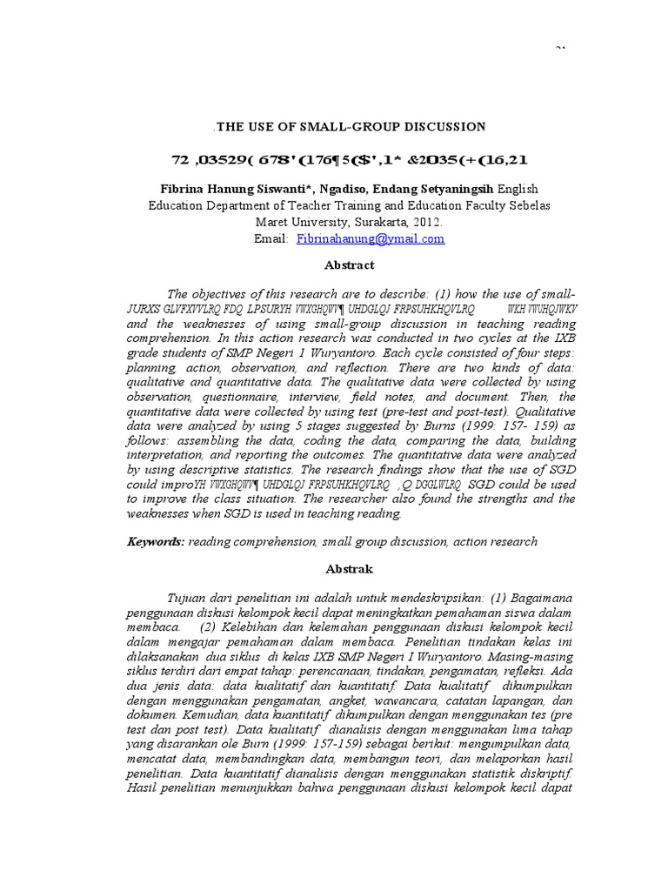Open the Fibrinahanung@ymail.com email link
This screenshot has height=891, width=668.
(x=371, y=238)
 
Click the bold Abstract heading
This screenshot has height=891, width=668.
(x=350, y=265)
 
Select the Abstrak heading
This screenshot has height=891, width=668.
(x=350, y=569)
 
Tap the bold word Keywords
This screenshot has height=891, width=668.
(x=155, y=541)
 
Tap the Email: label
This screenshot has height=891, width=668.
(x=271, y=238)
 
